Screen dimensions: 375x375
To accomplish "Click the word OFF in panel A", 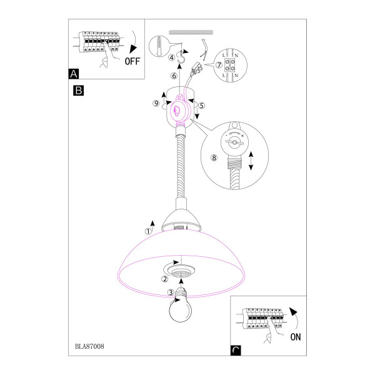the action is pyautogui.click(x=132, y=61).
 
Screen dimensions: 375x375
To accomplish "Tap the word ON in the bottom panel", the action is pyautogui.click(x=296, y=337).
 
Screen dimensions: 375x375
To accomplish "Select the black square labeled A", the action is pyautogui.click(x=74, y=74).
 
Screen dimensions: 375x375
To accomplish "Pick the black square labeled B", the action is pyautogui.click(x=79, y=91).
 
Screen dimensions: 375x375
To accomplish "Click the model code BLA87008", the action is pyautogui.click(x=89, y=346).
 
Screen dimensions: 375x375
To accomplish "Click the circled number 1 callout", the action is pyautogui.click(x=148, y=231).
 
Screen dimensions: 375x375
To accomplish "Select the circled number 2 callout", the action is pyautogui.click(x=165, y=279).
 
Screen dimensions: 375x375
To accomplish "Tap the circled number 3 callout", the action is pyautogui.click(x=171, y=292).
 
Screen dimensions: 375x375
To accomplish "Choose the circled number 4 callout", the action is pyautogui.click(x=172, y=57).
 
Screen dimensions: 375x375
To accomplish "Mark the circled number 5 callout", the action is pyautogui.click(x=202, y=106).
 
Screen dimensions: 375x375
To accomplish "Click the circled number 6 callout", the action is pyautogui.click(x=174, y=76).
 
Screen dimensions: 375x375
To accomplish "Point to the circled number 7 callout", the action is pyautogui.click(x=219, y=65).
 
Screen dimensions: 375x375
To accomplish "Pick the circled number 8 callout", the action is pyautogui.click(x=214, y=157).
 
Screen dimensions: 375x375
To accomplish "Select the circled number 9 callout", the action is pyautogui.click(x=156, y=103).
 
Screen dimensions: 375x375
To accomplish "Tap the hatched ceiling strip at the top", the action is pyautogui.click(x=191, y=32).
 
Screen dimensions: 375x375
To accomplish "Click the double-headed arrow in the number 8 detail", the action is pyautogui.click(x=251, y=161).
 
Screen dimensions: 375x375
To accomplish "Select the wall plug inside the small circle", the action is pyautogui.click(x=159, y=46).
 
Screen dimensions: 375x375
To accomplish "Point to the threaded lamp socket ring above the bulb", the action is pyautogui.click(x=181, y=271).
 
